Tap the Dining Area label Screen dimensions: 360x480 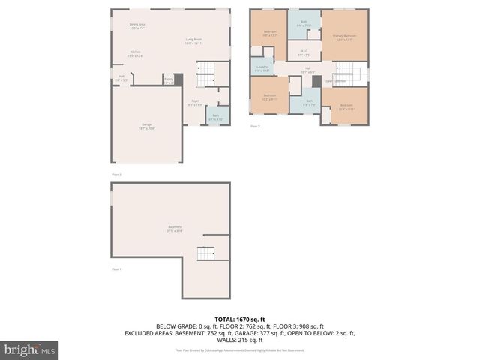pos(136,26)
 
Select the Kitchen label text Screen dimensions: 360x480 pos(136,54)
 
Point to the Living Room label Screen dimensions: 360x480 pos(193,42)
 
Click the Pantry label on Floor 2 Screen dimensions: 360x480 pos(169,79)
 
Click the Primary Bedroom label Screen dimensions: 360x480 pos(345,37)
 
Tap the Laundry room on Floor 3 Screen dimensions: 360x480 pos(262,68)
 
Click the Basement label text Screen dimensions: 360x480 pos(174,228)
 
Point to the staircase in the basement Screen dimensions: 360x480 pos(205,254)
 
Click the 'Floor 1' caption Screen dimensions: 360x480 pos(116,268)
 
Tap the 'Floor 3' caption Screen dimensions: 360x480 pos(255,126)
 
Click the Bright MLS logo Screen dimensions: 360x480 pos(30,349)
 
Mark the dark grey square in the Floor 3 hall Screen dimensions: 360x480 pos(316,80)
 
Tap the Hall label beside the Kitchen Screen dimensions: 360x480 pos(121,76)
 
